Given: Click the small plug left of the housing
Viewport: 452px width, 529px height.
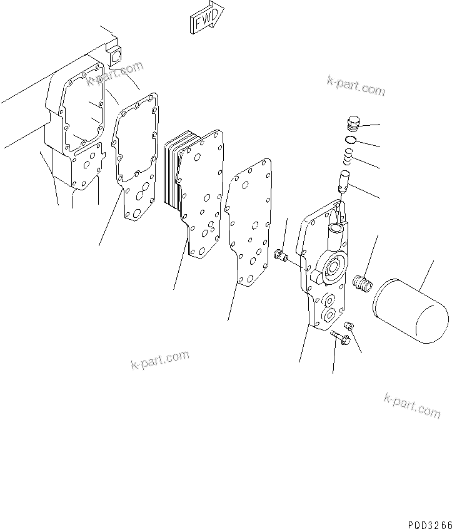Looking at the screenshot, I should pyautogui.click(x=281, y=255).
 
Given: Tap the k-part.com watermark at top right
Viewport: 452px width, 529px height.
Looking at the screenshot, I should pyautogui.click(x=355, y=86).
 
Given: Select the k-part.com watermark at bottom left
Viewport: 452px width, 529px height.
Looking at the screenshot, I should pyautogui.click(x=159, y=361).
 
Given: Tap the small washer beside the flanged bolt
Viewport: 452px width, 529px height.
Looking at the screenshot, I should pyautogui.click(x=349, y=326).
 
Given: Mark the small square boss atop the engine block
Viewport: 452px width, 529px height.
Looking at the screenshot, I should pyautogui.click(x=114, y=55).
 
